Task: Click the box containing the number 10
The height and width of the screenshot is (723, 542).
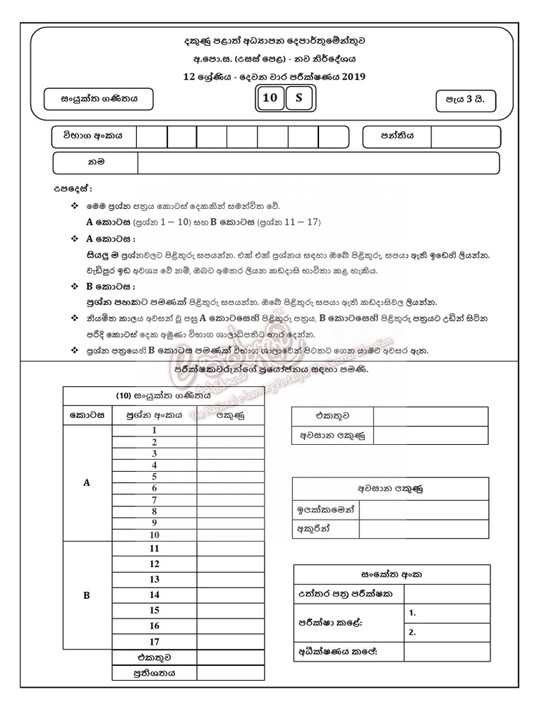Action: tap(270, 99)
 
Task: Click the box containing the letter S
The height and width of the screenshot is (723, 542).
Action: tap(299, 99)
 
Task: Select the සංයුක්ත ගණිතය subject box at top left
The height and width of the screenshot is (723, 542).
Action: tap(98, 100)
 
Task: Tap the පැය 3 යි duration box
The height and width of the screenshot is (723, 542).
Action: tap(465, 100)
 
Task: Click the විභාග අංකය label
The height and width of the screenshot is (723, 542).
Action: tap(93, 136)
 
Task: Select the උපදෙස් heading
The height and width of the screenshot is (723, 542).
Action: tap(73, 189)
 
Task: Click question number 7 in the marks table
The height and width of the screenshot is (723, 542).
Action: tap(154, 500)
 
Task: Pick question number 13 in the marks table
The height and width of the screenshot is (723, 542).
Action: tap(154, 579)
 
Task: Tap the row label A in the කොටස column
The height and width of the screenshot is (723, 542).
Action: tap(87, 483)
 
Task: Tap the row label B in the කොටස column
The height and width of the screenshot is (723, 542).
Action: tap(87, 595)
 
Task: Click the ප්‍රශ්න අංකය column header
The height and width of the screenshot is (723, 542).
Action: tap(154, 416)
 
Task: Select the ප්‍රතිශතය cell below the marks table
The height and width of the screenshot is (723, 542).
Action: tap(154, 673)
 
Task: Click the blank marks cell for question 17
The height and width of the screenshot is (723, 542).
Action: tap(230, 641)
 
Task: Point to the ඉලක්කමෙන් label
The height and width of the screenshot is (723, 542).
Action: tap(325, 508)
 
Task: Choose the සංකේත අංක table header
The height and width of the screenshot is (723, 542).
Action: tap(391, 574)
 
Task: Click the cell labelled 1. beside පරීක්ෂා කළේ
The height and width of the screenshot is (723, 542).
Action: tap(447, 614)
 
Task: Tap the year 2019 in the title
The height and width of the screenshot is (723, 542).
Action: tap(351, 76)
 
